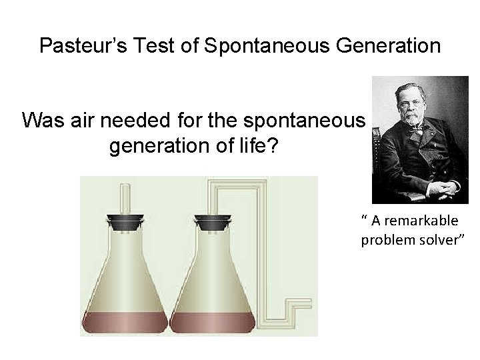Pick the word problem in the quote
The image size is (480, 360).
pyautogui.click(x=383, y=239)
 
